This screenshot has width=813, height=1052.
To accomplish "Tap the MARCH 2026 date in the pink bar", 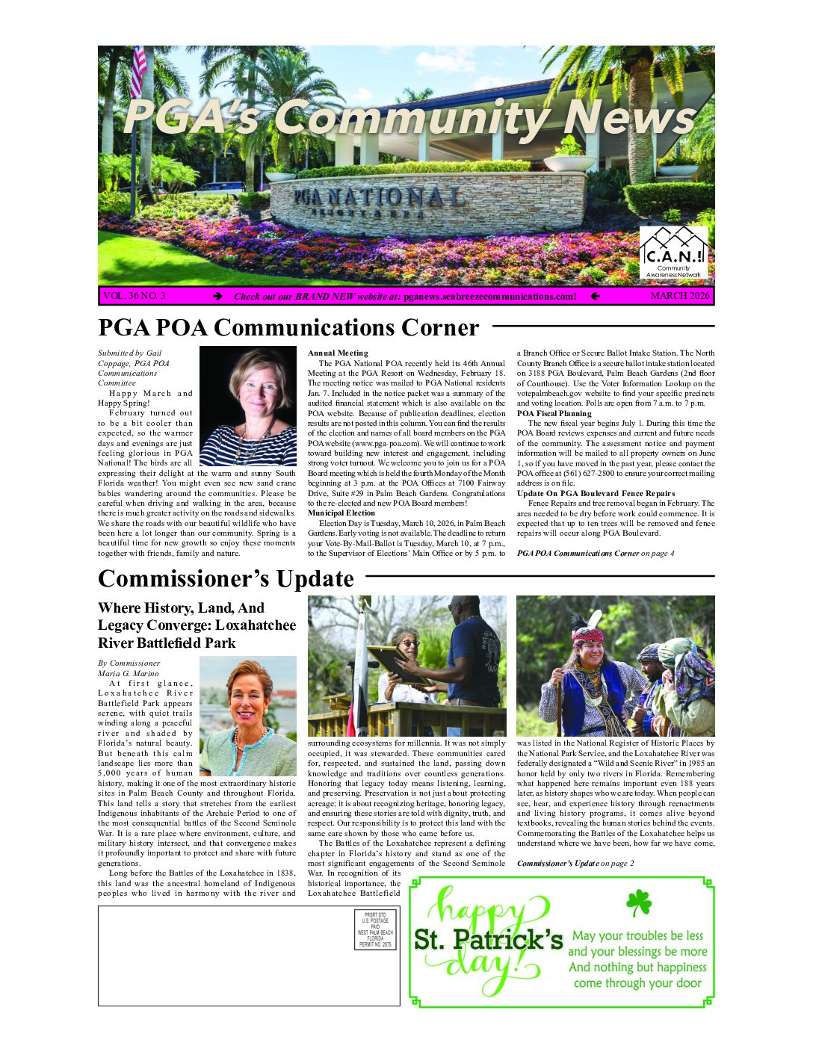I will coord(679,296).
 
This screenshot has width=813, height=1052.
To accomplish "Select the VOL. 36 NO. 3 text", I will coord(135,296).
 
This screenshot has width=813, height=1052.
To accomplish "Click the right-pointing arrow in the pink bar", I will coord(217,297).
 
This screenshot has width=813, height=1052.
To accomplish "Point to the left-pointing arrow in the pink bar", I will coord(595,297).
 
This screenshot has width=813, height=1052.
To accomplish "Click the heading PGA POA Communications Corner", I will coord(288,328).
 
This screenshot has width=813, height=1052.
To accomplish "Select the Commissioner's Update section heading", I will coord(226,579).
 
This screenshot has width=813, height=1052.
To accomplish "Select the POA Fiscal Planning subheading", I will coord(554,413).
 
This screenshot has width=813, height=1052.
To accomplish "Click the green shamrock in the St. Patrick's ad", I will coord(638,903).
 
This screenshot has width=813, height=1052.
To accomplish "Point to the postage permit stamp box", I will coord(374,929).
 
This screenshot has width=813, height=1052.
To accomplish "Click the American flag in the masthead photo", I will coord(138,72).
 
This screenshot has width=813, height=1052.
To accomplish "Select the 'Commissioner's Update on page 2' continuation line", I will coord(575,863).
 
